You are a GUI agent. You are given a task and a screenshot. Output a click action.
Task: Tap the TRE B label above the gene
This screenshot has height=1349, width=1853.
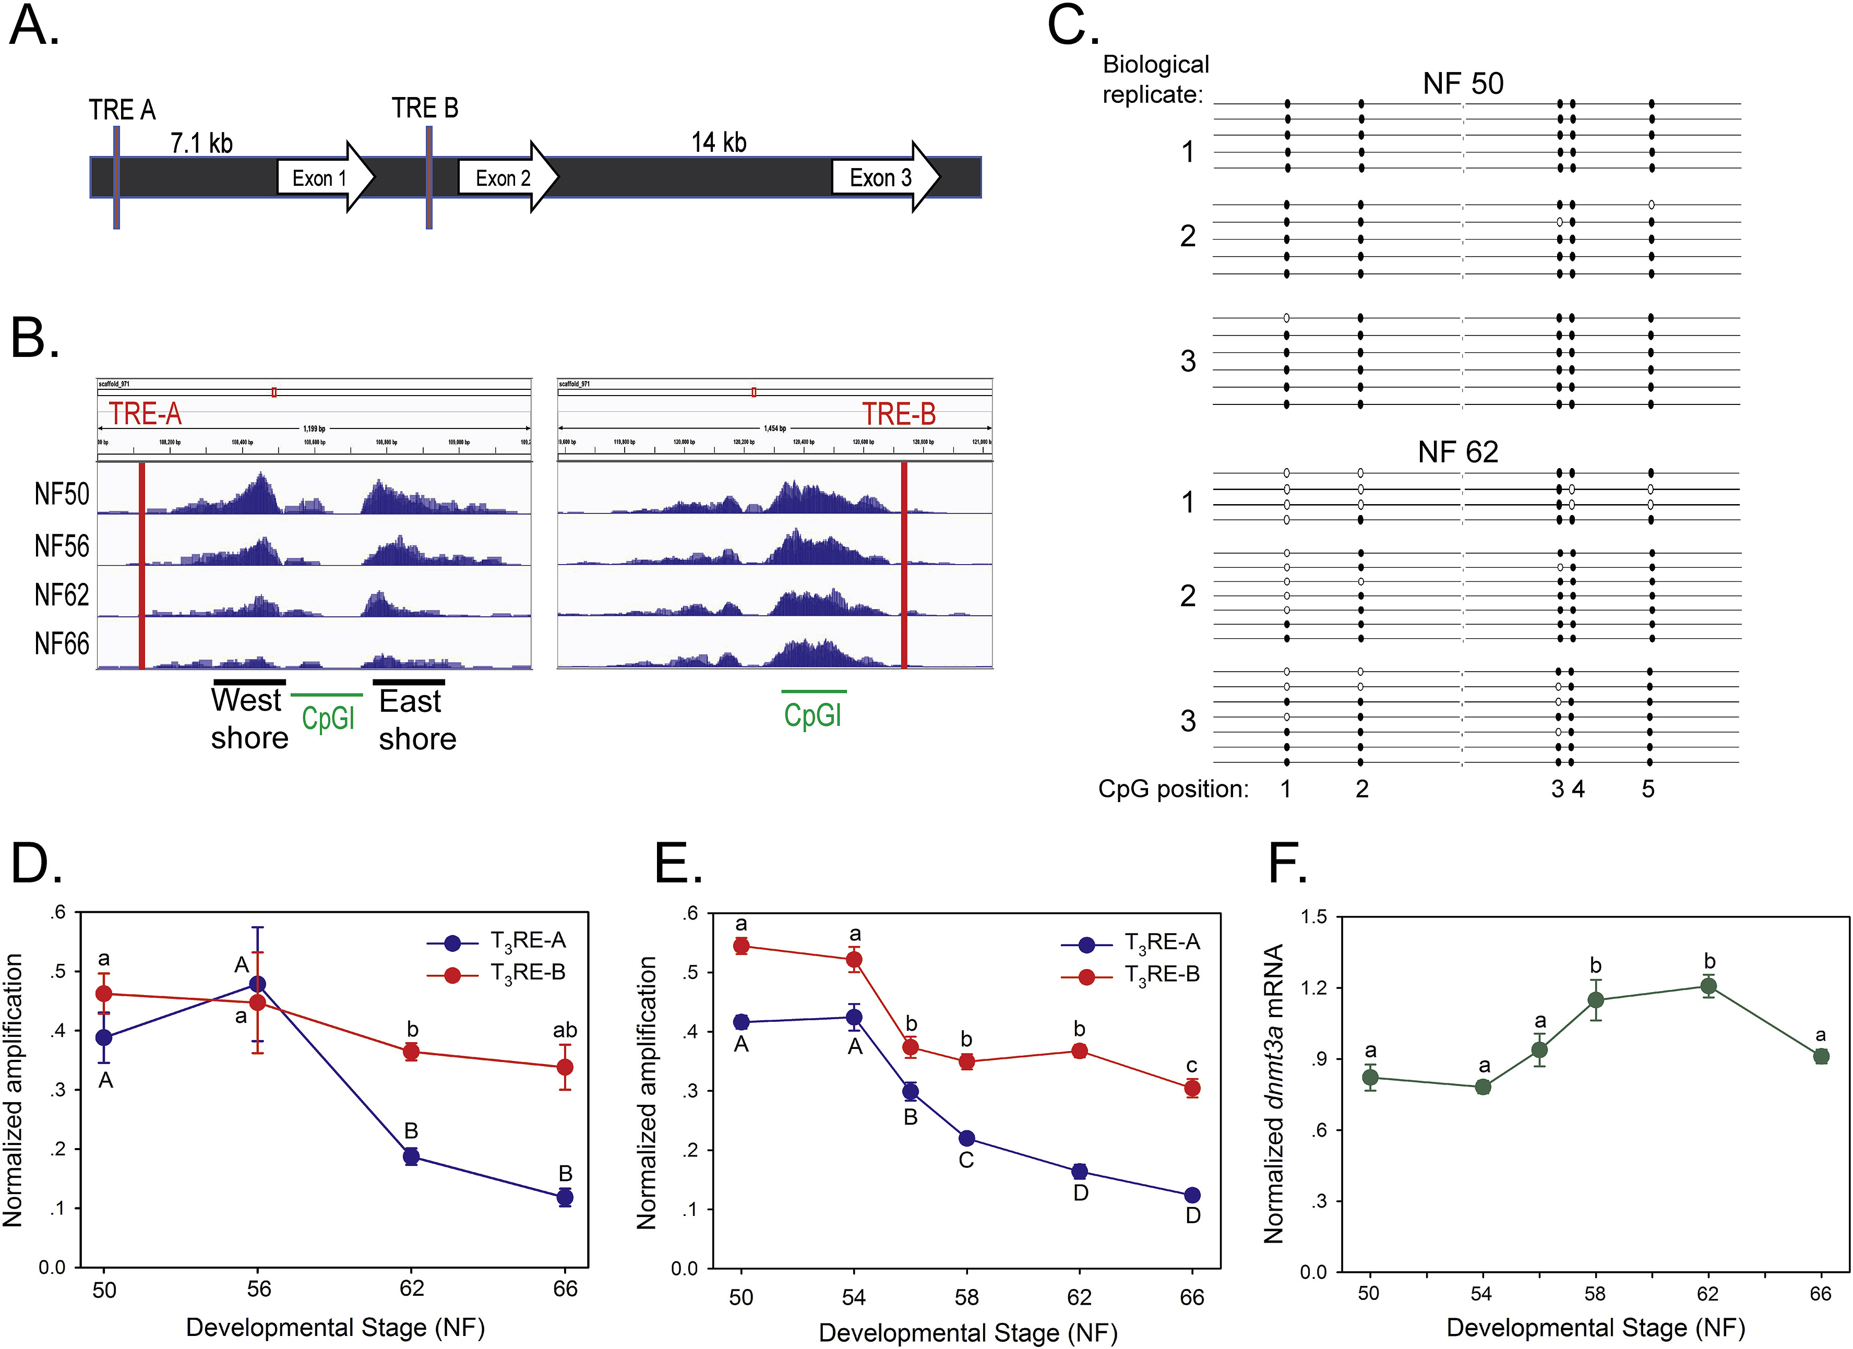[425, 108]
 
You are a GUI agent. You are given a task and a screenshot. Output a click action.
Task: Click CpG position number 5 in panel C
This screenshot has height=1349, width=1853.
[1649, 789]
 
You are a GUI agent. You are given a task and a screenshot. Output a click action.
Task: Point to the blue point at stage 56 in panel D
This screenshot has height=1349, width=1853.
[257, 984]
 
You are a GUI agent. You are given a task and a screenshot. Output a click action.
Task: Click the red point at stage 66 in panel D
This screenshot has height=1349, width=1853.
[565, 1067]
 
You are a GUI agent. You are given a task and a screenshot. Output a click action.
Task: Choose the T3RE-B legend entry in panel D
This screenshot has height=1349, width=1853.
[527, 973]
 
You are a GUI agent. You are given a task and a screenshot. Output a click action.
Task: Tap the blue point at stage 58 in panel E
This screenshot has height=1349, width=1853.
[966, 1138]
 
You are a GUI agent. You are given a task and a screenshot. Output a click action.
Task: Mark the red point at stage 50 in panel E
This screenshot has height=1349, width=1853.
[741, 946]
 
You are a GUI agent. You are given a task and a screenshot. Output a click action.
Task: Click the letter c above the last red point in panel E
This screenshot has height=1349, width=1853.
[1192, 1066]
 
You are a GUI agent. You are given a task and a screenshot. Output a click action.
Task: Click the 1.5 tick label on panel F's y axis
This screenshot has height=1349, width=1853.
[1314, 917]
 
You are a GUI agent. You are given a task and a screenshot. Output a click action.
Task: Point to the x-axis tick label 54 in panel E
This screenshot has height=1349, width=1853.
[854, 1297]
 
